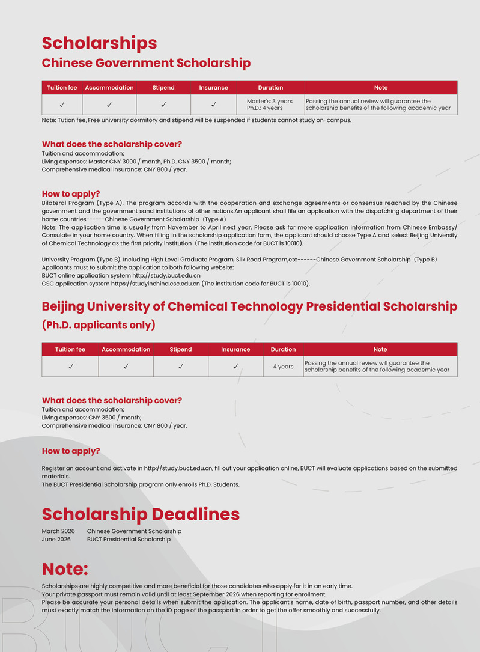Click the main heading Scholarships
tap(99, 43)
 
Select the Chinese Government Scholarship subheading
tap(146, 63)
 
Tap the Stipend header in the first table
tap(163, 88)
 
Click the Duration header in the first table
tap(270, 88)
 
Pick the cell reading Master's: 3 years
tap(270, 101)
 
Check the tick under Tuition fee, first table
tap(62, 105)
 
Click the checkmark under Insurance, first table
tap(213, 105)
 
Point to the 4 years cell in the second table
tap(283, 367)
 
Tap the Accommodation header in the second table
tap(126, 349)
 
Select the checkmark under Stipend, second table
tap(180, 366)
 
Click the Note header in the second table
tap(380, 349)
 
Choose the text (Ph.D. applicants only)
tap(99, 325)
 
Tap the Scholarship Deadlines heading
tap(141, 514)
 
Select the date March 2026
tap(58, 531)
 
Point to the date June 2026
tap(56, 540)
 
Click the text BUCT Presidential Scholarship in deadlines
tap(129, 540)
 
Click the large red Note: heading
tap(65, 569)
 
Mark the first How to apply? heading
tap(70, 194)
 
